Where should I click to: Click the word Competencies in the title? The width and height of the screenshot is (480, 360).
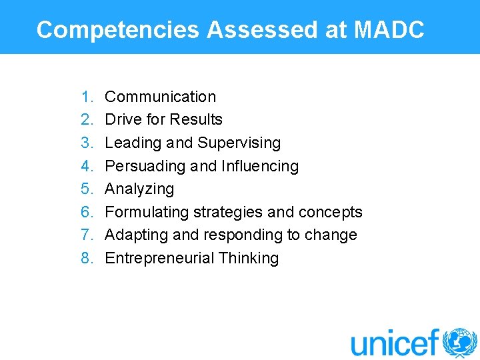[118, 30]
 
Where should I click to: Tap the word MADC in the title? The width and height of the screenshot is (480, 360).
[390, 30]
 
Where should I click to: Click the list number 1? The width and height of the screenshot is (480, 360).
[87, 97]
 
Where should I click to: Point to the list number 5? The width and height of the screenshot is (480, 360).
[87, 189]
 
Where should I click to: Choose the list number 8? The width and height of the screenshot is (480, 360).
[87, 259]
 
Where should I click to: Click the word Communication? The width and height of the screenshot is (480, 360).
[161, 97]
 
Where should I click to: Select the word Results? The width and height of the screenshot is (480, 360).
[196, 120]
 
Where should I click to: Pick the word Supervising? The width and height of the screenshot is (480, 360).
[239, 143]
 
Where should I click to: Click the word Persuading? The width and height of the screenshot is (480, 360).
[145, 166]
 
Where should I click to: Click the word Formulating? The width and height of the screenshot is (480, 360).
[147, 212]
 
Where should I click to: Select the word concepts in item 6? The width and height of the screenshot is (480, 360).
[331, 212]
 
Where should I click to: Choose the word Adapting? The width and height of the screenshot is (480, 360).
[134, 235]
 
